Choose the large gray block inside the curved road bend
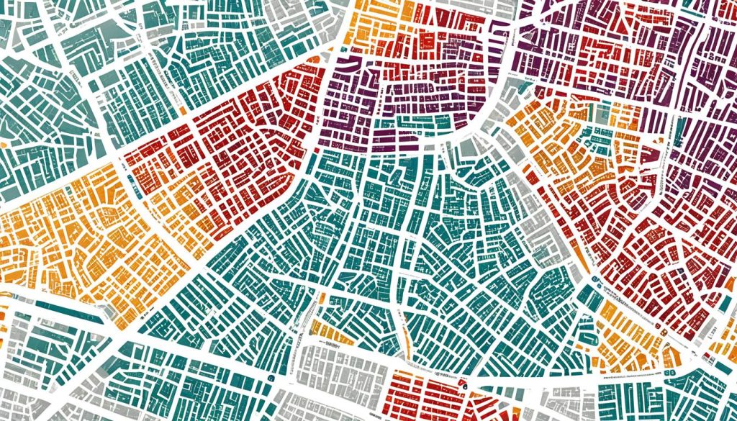pos(466,148)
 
